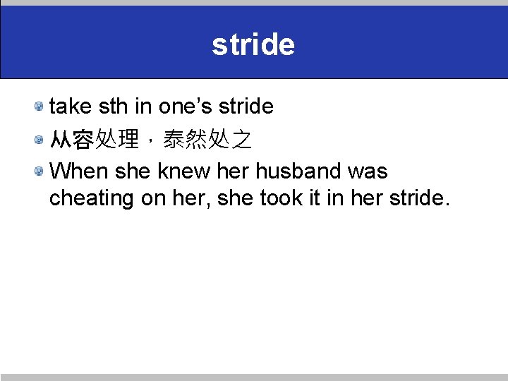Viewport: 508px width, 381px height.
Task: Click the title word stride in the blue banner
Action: (253, 44)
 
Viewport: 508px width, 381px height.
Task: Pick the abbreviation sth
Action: (113, 107)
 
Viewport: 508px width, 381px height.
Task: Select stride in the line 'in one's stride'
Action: (245, 107)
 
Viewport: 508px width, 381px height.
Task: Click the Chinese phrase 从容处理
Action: (95, 140)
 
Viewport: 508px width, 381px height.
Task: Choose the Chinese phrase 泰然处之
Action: (207, 140)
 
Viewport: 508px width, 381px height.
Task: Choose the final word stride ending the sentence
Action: (416, 199)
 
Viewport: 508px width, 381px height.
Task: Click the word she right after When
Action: (133, 171)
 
